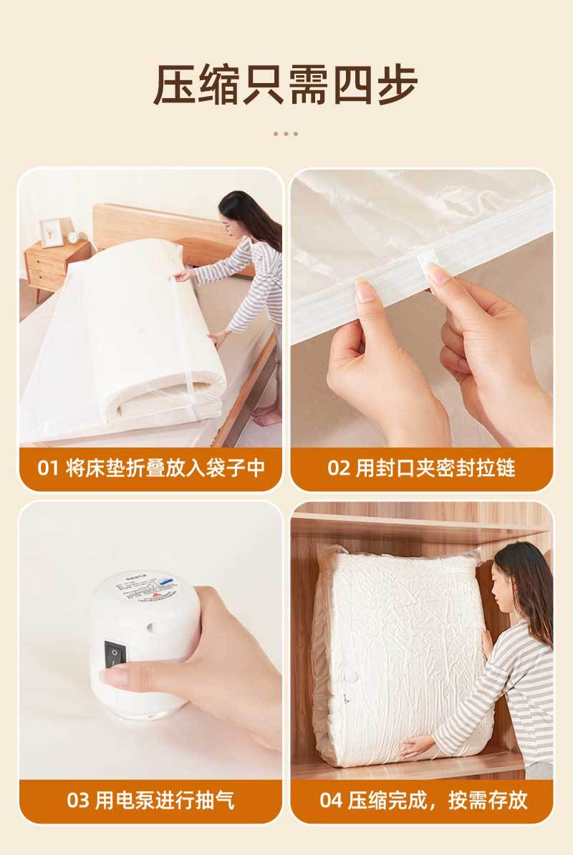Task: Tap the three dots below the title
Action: (x=286, y=133)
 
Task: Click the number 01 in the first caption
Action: (x=47, y=468)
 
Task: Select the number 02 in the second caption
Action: (x=338, y=468)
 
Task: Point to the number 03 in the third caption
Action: (x=78, y=800)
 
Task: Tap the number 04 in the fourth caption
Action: (x=331, y=800)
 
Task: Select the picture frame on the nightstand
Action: (x=51, y=232)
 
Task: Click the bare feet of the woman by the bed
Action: (x=266, y=415)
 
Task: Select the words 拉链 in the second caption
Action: (x=498, y=468)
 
